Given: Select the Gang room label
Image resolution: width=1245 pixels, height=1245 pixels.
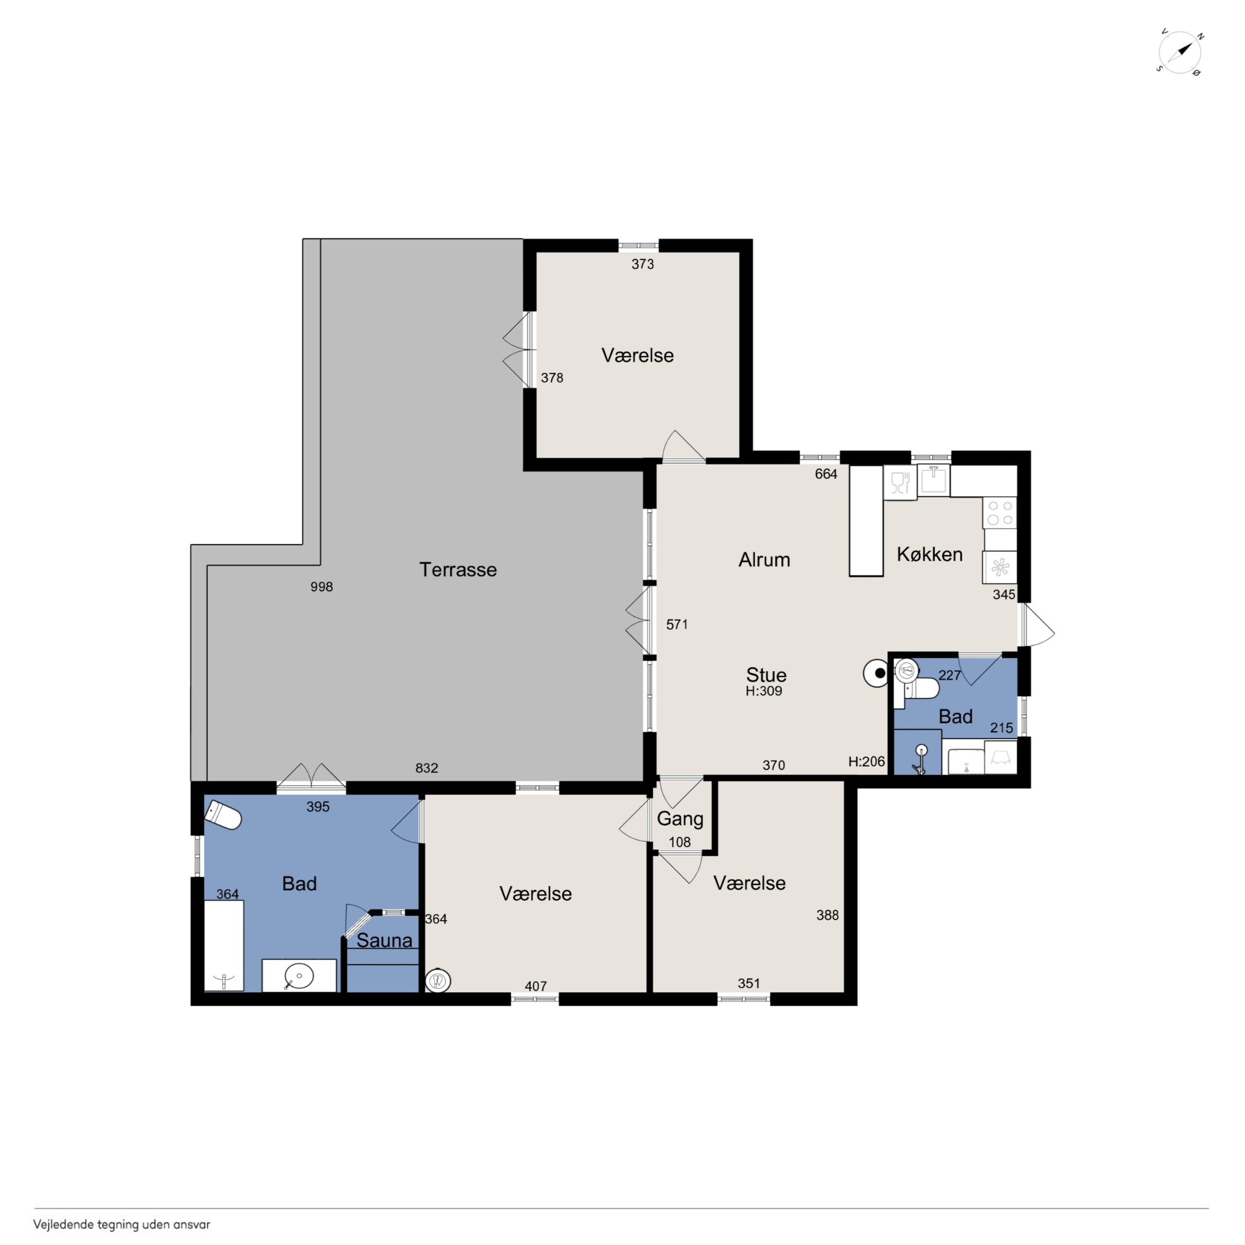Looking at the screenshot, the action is (680, 819).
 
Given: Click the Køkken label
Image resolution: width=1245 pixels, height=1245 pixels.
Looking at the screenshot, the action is (929, 554).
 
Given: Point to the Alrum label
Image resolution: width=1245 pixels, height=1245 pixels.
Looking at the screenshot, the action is (764, 559).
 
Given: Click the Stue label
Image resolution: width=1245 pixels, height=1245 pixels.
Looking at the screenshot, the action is (766, 675).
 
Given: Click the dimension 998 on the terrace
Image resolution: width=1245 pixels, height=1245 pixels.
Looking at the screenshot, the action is (322, 587).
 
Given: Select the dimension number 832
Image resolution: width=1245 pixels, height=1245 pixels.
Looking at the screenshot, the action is (427, 768).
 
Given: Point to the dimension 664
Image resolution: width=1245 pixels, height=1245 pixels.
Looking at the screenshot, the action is (826, 474).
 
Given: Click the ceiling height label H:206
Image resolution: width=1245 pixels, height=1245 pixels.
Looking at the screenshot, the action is (866, 762).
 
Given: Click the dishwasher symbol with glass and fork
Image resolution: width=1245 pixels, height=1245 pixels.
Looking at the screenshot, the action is (900, 482).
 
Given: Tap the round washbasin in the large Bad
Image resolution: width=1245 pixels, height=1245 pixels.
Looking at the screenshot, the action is (299, 975).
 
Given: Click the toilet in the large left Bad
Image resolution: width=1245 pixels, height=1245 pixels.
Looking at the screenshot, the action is (223, 815).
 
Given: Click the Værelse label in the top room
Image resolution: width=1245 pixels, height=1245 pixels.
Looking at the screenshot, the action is (637, 355).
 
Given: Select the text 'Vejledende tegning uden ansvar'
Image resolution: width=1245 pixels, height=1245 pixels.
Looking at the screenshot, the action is (122, 1224).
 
